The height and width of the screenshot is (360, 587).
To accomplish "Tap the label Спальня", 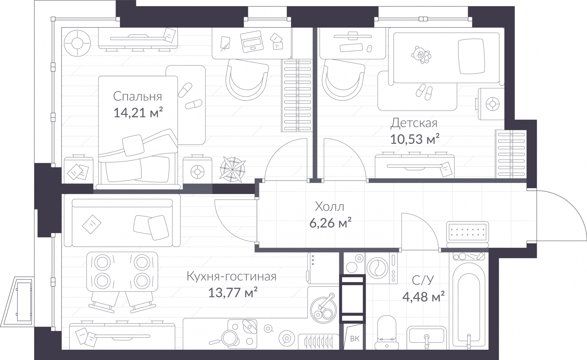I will [137, 96].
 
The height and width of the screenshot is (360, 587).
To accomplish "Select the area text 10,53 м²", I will [415, 139].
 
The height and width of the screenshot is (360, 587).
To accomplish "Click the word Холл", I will [329, 207].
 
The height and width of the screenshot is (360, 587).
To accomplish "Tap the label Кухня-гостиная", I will [231, 276].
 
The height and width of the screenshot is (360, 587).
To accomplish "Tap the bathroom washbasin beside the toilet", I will [427, 337].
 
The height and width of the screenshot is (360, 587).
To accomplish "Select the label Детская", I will [413, 123].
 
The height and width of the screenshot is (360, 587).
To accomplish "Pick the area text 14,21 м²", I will [138, 113].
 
